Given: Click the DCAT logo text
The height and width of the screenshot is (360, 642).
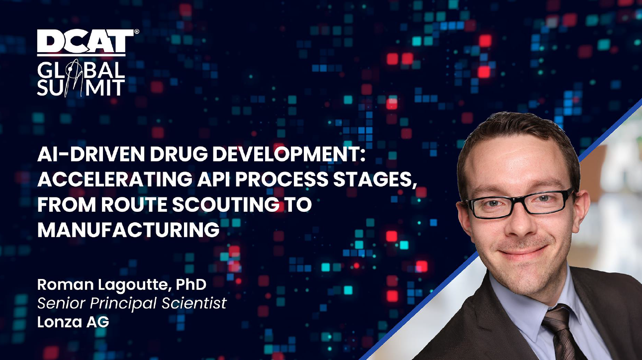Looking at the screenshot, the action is point(86,41).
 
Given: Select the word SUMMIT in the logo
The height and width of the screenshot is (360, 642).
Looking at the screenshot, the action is point(81,87).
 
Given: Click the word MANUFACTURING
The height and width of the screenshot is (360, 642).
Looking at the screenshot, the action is point(128,230).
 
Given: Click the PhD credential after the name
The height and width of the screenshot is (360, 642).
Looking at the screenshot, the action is point(191,284).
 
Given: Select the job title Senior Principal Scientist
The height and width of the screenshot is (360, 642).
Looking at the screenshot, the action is point(132,303).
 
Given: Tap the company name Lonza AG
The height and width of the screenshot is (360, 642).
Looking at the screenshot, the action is point(73,322).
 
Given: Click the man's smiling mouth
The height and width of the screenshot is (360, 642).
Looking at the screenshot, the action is point(522,252).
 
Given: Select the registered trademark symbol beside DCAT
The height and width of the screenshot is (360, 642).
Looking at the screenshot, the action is point(137,31).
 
